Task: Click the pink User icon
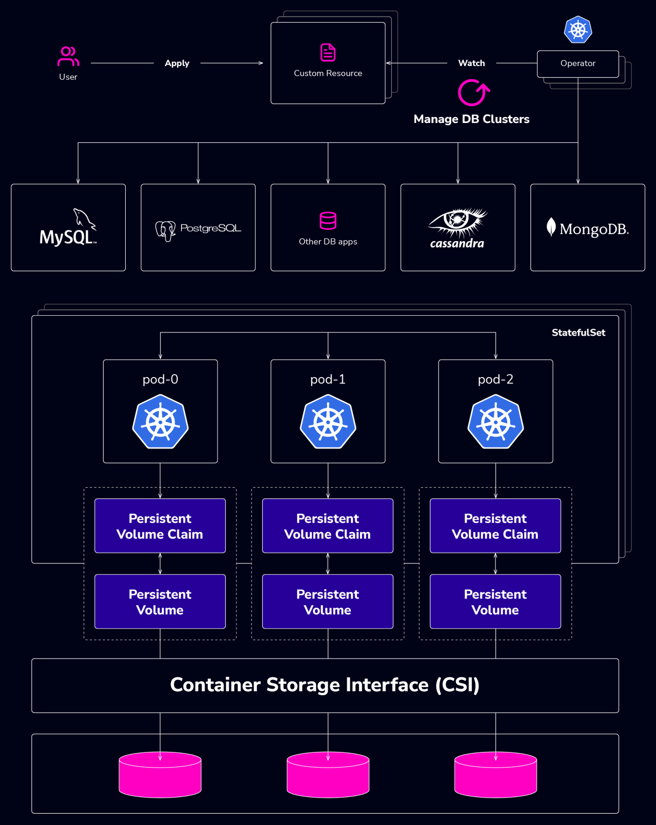tap(68, 56)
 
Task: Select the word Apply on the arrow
tap(177, 63)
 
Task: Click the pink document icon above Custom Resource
tap(328, 53)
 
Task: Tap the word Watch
tap(471, 63)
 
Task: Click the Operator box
tap(578, 63)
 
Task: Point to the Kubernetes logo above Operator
tap(578, 30)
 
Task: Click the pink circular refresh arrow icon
tap(473, 93)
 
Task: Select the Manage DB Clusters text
tap(471, 119)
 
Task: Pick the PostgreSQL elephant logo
tap(165, 230)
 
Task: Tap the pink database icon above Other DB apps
tap(328, 221)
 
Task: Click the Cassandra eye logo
tap(457, 223)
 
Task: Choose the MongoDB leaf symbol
tap(551, 227)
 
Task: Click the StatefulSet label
tap(578, 333)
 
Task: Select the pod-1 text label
tap(328, 380)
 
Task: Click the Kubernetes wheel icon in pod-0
tap(160, 422)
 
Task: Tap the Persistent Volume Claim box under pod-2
tap(495, 526)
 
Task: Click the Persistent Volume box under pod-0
tap(160, 602)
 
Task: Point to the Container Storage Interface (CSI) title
tap(325, 685)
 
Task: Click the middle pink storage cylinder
tap(328, 775)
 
